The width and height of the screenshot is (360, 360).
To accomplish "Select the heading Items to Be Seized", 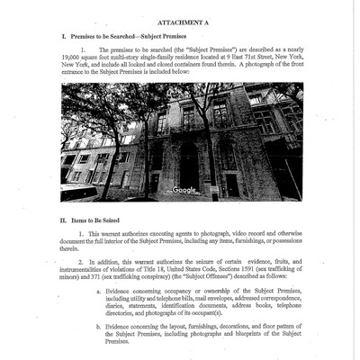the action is coord(99,218).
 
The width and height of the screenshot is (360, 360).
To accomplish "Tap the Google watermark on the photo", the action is coord(184,190).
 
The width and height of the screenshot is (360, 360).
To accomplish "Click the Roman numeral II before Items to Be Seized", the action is coord(65,218).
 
